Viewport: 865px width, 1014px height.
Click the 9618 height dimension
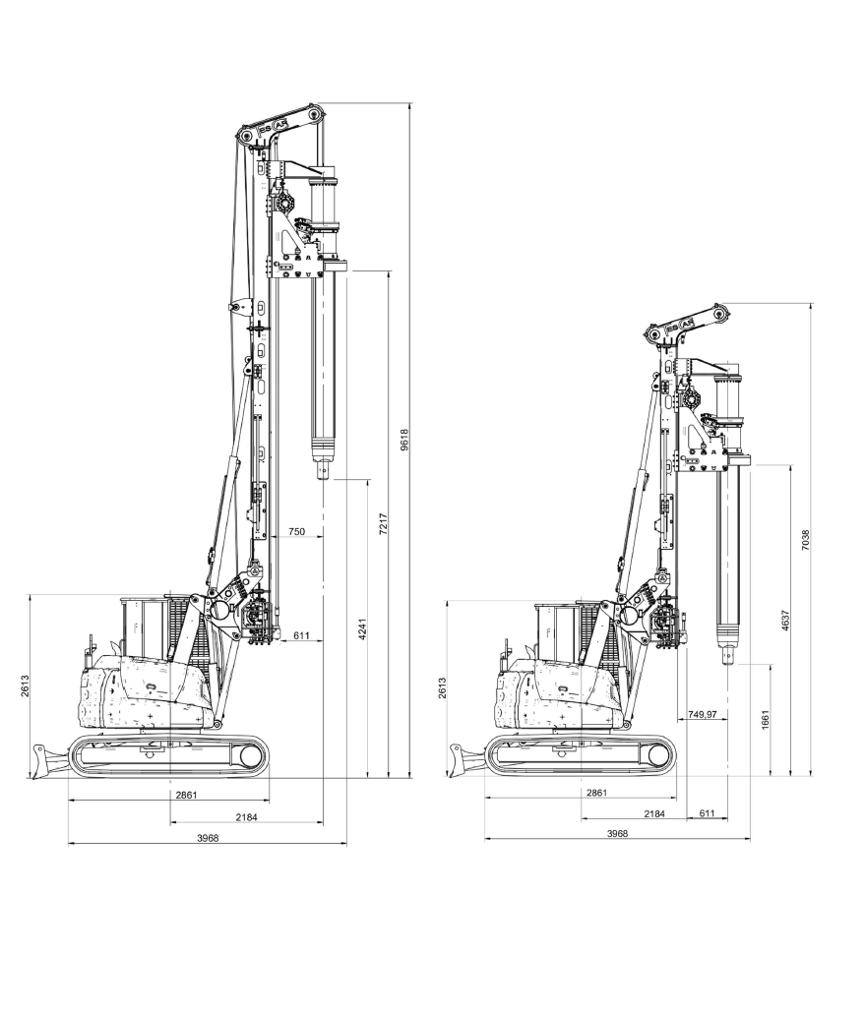[404, 440]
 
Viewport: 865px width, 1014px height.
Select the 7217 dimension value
[383, 524]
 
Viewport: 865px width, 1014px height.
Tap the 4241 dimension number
[362, 629]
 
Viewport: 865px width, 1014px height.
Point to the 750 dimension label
[296, 531]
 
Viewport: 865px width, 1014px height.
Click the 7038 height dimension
[806, 540]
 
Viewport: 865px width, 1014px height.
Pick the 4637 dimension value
[784, 621]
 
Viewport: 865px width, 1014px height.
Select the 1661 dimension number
[765, 720]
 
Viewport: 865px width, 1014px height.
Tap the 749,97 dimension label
[703, 715]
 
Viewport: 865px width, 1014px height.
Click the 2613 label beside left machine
[25, 686]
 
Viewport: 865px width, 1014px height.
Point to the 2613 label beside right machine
[442, 688]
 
